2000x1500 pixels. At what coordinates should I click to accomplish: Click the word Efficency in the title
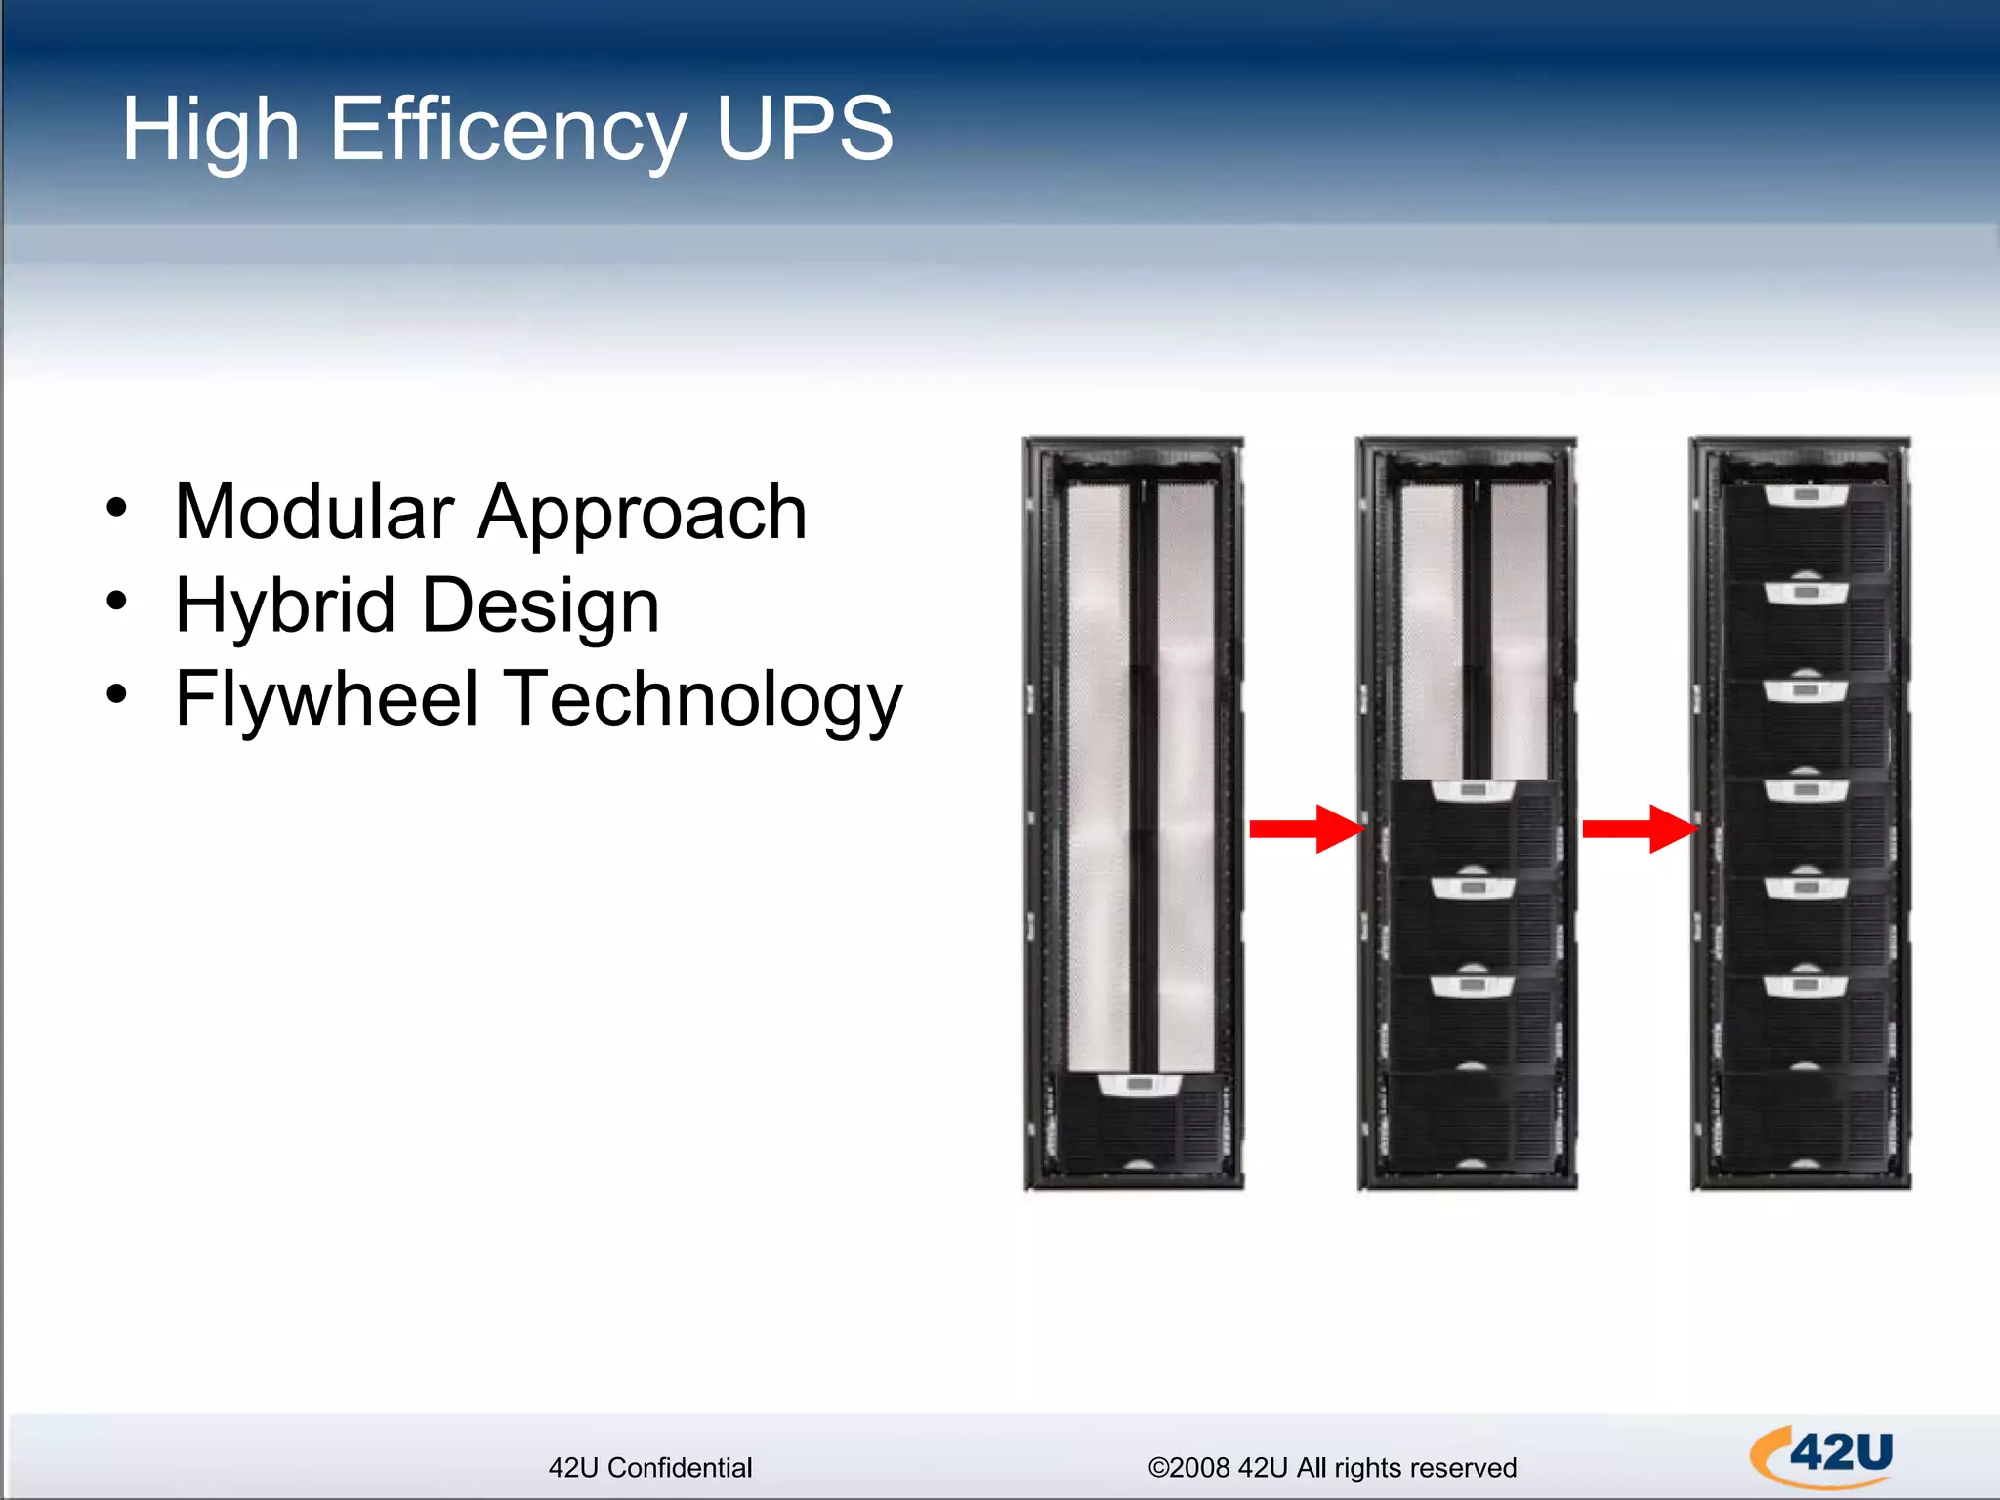pyautogui.click(x=508, y=130)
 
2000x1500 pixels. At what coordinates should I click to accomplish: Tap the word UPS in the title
pyautogui.click(x=804, y=130)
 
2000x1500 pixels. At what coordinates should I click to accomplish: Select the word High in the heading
pyautogui.click(x=210, y=130)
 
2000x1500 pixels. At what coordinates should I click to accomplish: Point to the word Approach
pyautogui.click(x=642, y=513)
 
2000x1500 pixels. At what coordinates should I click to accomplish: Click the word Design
pyautogui.click(x=541, y=606)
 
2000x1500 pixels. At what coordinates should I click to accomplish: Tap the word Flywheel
pyautogui.click(x=327, y=699)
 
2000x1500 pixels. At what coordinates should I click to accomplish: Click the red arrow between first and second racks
pyautogui.click(x=1306, y=829)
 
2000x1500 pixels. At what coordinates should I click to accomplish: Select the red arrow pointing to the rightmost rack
pyautogui.click(x=1639, y=829)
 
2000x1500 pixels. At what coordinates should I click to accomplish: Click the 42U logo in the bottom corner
pyautogui.click(x=1821, y=1456)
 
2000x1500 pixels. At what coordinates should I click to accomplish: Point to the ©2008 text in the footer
pyautogui.click(x=1188, y=1468)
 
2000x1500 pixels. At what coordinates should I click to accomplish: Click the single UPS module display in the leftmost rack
pyautogui.click(x=1139, y=1084)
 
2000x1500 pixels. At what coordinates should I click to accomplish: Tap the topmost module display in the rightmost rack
pyautogui.click(x=1806, y=495)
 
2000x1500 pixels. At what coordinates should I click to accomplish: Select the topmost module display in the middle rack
pyautogui.click(x=1473, y=789)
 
